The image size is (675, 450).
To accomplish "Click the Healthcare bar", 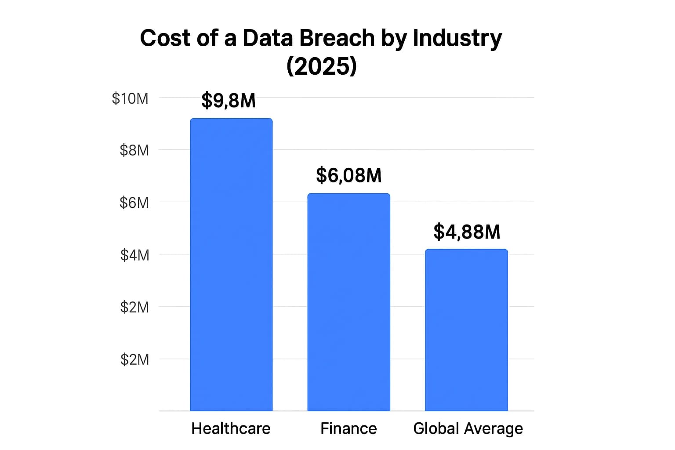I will (x=231, y=265).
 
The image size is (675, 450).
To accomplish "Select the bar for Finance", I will (x=348, y=302).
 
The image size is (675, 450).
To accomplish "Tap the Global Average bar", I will (x=466, y=330).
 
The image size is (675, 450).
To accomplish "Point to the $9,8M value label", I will (x=229, y=101).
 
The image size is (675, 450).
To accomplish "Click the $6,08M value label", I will (x=348, y=175).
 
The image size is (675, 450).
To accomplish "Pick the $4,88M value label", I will (x=467, y=232).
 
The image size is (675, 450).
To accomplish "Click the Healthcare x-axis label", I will (x=231, y=428).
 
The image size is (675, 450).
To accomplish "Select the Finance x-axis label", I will (x=348, y=428).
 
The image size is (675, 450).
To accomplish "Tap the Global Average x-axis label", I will (x=468, y=428).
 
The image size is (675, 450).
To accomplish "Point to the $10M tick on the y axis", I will (x=130, y=98).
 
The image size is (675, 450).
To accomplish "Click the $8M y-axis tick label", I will (x=134, y=150).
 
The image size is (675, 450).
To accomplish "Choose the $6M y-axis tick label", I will (x=134, y=203).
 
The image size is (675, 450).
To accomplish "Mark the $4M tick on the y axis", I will (x=134, y=255).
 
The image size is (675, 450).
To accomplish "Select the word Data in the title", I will (x=268, y=38).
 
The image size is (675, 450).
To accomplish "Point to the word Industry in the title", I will (x=457, y=38).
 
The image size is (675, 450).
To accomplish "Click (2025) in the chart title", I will (x=321, y=66).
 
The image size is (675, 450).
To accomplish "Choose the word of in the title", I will (x=208, y=38).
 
